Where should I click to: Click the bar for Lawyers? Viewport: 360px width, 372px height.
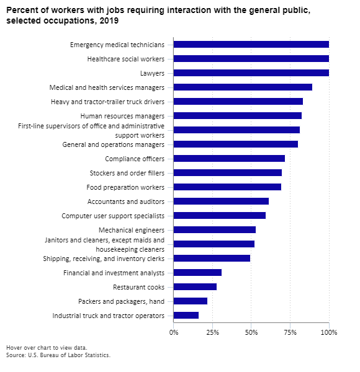[x=251, y=73]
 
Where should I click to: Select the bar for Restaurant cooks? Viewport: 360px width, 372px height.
[x=195, y=287]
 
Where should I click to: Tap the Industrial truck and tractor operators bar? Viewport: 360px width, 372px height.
[x=186, y=316]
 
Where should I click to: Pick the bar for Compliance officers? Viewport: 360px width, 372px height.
[x=229, y=159]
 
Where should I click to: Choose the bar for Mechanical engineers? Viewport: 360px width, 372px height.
[x=215, y=229]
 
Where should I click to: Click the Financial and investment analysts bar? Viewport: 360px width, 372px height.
[x=197, y=273]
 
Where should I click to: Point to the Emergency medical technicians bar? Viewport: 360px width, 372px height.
[x=251, y=45]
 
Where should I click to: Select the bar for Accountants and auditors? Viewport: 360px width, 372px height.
[x=221, y=201]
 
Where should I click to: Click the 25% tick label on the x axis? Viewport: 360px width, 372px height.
[x=212, y=332]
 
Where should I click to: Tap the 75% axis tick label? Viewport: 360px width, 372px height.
[x=290, y=332]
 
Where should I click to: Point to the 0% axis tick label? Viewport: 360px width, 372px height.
[x=174, y=332]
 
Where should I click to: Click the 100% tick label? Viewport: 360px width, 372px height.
[x=329, y=332]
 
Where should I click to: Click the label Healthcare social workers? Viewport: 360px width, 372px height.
[x=125, y=59]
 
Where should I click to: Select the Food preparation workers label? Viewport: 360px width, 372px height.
[x=125, y=187]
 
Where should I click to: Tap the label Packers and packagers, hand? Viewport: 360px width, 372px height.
[x=122, y=301]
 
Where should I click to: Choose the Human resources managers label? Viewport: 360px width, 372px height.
[x=122, y=116]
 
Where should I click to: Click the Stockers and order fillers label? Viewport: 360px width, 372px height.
[x=127, y=173]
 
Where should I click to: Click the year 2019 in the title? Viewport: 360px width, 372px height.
[x=109, y=20]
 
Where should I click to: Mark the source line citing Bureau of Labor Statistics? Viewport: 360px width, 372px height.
[x=58, y=355]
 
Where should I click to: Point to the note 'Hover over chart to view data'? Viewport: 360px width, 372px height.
[x=47, y=348]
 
